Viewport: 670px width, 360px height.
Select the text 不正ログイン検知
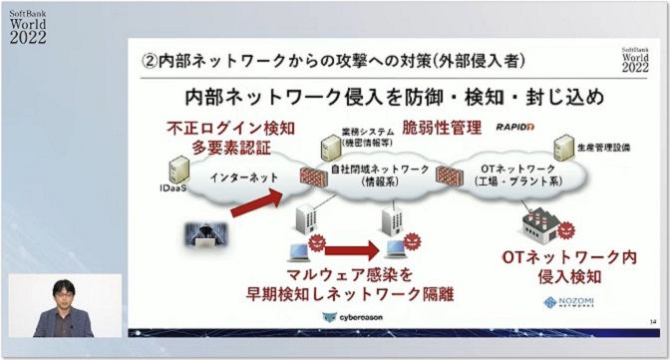pos(219,128)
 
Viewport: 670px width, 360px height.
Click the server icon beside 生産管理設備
pos(563,149)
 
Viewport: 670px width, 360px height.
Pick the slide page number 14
pos(651,319)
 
